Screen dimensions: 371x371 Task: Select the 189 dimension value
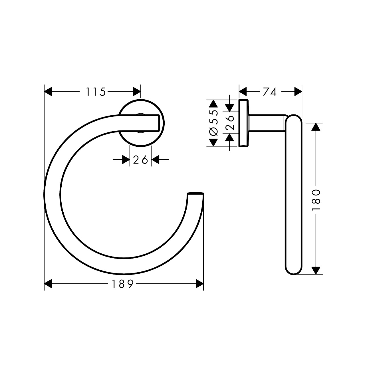click(122, 284)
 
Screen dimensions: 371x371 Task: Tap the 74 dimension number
click(270, 92)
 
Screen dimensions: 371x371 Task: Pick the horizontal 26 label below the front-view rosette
click(140, 160)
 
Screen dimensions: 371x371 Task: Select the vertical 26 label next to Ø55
click(230, 123)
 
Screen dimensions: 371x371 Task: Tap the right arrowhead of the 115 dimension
click(137, 92)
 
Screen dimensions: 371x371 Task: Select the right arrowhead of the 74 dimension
click(298, 92)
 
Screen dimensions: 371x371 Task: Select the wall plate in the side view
click(243, 123)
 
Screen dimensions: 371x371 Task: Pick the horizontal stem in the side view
click(267, 123)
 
